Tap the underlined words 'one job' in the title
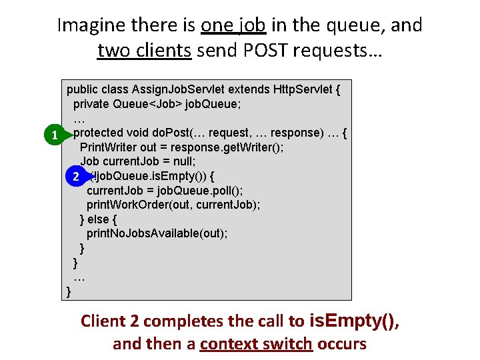click(233, 25)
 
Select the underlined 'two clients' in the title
click(145, 51)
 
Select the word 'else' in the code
click(107, 219)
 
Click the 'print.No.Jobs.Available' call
click(147, 233)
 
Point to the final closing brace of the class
click(69, 291)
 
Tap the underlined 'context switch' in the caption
click(256, 344)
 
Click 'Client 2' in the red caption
click(109, 321)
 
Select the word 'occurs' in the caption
click(341, 344)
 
